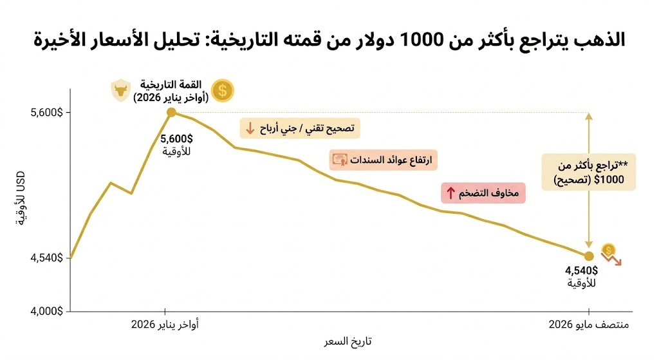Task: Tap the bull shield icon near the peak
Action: pos(120,90)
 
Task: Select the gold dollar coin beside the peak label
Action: pos(222,90)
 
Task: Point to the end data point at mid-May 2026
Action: pos(589,256)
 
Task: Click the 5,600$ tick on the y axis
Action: pos(46,113)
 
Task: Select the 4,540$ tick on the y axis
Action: pos(46,258)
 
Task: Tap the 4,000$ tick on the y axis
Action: pos(46,311)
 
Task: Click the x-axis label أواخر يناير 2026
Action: pos(165,325)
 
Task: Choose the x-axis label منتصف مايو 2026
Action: pos(589,325)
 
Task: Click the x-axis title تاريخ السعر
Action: pos(348,341)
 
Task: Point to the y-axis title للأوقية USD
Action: pos(21,198)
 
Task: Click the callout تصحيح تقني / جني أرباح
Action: pos(300,128)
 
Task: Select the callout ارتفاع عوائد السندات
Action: pos(384,160)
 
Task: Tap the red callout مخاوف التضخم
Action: pos(483,193)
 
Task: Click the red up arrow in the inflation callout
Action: pos(450,193)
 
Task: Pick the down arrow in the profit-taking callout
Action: pos(250,128)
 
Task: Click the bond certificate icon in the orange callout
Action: pos(340,160)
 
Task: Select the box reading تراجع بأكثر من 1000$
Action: pos(588,172)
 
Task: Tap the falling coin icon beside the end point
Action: pos(611,254)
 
